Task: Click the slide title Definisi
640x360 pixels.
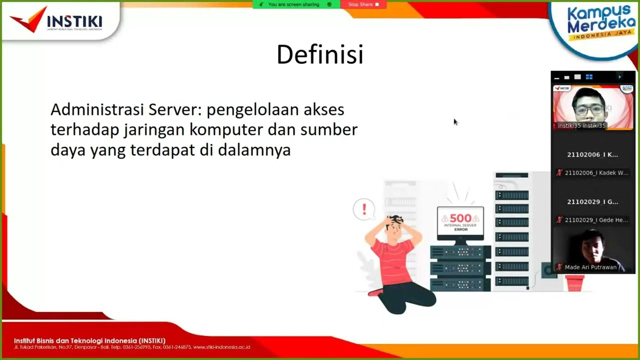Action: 319,54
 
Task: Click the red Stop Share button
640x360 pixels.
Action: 363,4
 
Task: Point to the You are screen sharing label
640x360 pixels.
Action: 293,4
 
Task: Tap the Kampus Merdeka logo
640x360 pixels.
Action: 598,24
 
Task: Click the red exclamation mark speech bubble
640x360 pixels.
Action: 364,209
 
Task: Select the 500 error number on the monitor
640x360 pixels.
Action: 460,218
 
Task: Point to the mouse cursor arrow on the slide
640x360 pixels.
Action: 455,121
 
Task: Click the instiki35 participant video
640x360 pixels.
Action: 593,106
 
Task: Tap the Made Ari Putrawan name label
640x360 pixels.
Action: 590,267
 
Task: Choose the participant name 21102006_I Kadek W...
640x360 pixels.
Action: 596,173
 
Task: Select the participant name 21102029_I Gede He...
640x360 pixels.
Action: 596,220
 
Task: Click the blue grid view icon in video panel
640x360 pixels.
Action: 589,77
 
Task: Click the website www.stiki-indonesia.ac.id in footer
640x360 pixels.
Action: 221,347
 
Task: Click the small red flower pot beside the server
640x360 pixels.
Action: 574,283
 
